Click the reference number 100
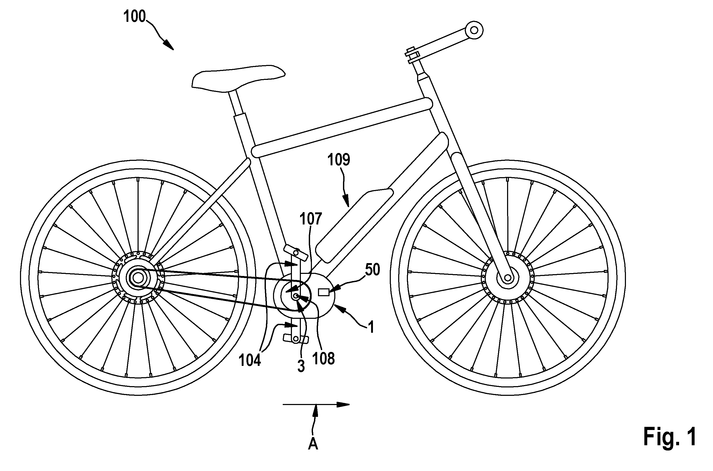134,17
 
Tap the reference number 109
339,160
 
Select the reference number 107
311,219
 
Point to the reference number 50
372,270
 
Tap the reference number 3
301,366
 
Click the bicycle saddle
238,78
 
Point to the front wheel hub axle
508,277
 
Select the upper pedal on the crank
296,253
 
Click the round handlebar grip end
474,30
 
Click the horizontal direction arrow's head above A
343,404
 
